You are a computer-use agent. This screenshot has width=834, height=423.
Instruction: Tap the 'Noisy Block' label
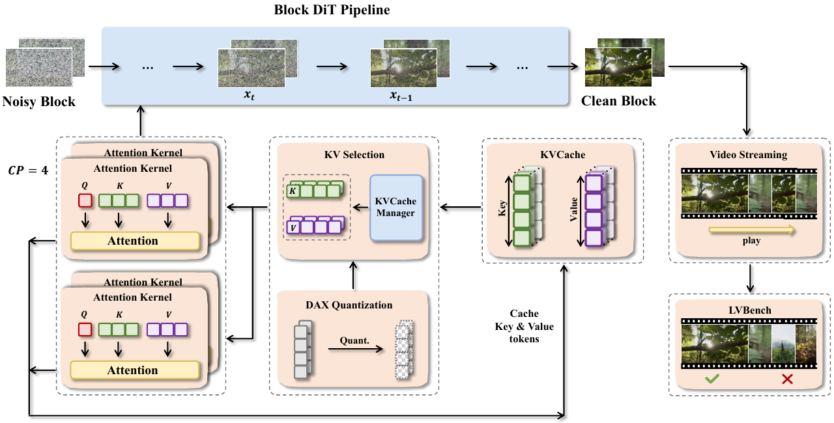pyautogui.click(x=39, y=102)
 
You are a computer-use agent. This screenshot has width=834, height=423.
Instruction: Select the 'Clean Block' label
pyautogui.click(x=618, y=102)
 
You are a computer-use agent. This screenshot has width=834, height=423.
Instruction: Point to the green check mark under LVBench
pyautogui.click(x=712, y=378)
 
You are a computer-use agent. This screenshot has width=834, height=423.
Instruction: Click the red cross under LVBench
pyautogui.click(x=786, y=378)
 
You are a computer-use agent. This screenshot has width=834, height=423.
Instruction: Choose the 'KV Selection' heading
pyautogui.click(x=354, y=155)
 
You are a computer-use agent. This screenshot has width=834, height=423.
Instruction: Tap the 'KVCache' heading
pyautogui.click(x=562, y=155)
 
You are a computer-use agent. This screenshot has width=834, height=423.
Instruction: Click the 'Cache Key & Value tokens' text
pyautogui.click(x=525, y=326)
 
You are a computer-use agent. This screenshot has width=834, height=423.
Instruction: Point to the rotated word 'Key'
pyautogui.click(x=501, y=209)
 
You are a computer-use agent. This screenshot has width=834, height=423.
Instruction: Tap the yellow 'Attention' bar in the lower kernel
pyautogui.click(x=133, y=370)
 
